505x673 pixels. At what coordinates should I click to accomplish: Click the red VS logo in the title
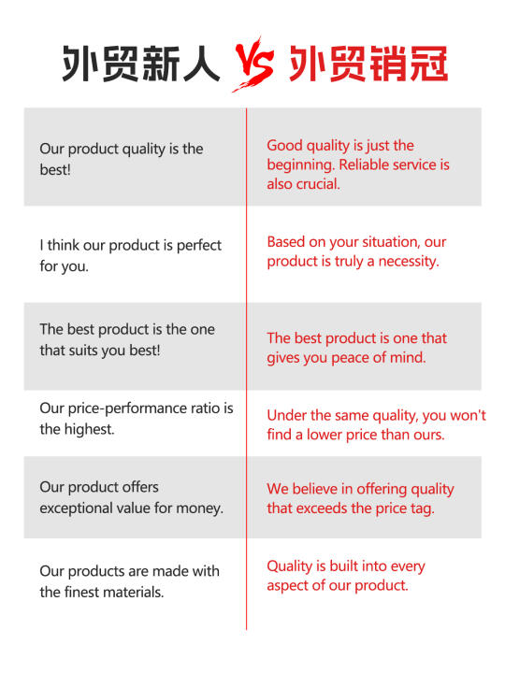[x=253, y=64]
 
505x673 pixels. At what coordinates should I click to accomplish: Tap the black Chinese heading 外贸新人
[x=141, y=64]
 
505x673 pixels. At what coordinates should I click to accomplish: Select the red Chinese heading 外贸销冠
[x=368, y=64]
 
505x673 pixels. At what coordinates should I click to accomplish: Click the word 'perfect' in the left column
[x=199, y=246]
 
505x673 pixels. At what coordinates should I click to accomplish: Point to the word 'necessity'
[x=409, y=262]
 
